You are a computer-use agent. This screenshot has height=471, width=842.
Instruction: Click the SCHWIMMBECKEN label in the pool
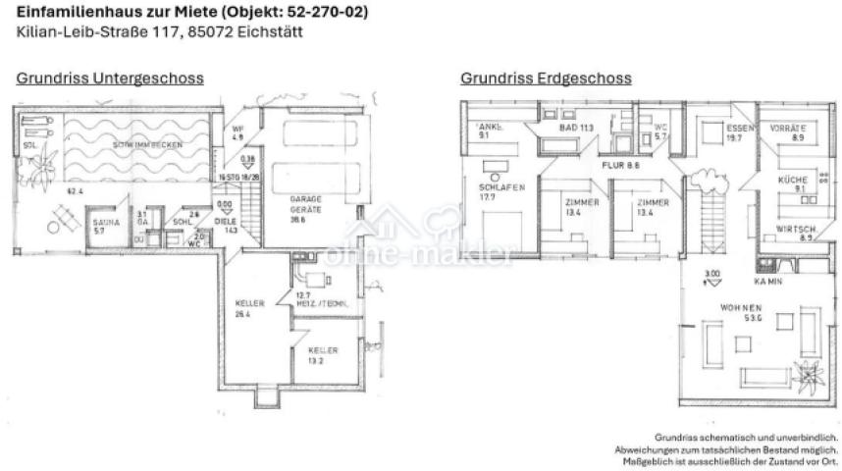(146, 145)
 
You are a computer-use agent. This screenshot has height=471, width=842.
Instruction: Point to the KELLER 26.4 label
(250, 308)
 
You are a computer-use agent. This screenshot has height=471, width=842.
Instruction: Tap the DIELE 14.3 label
(226, 225)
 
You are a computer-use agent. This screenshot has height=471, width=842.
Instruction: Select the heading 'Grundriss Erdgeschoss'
(546, 78)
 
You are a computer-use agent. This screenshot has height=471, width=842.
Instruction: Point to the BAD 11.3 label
(572, 129)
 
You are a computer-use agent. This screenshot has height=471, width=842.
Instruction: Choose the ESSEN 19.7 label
(738, 133)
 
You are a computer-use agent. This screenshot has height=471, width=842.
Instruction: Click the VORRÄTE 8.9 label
(788, 133)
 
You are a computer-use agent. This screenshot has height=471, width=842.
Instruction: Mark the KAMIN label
(766, 281)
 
